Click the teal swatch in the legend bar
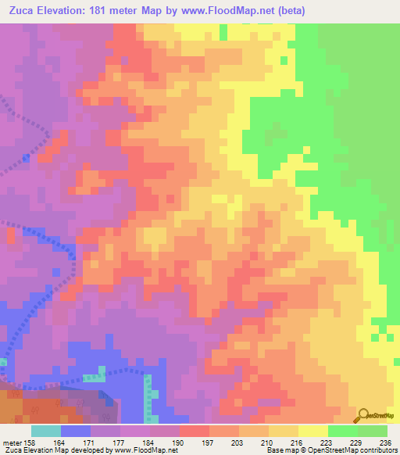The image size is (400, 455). [46, 431]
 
